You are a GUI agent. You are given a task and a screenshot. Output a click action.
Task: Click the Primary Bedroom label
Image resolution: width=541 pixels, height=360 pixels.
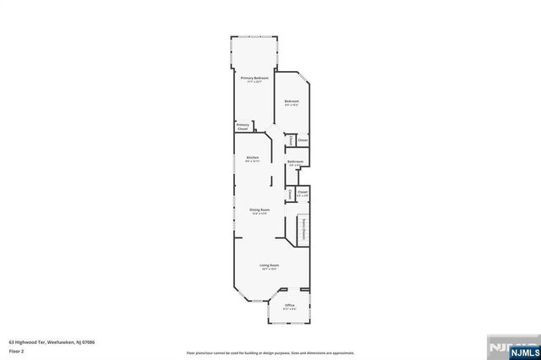point(254,78)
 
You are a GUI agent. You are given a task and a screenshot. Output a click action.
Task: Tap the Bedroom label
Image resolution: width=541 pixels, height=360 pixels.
point(292,101)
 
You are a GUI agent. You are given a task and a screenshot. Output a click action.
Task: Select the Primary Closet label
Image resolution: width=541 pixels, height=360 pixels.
point(243,127)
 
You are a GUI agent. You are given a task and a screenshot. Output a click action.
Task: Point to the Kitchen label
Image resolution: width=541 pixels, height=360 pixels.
point(252,157)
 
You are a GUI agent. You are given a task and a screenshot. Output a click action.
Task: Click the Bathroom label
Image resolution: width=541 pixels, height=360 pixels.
point(295,161)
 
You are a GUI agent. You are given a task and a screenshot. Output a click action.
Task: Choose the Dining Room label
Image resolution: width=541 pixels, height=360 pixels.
point(260,210)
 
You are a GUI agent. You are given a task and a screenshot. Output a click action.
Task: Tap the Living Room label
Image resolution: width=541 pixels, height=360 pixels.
point(269,265)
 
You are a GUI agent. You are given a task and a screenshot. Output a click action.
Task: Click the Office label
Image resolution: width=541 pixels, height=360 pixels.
point(289,305)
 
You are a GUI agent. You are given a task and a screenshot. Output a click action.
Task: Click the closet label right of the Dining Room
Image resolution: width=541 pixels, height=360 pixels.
point(302,192)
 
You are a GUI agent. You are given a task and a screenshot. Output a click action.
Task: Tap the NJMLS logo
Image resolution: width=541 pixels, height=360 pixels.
point(515,346)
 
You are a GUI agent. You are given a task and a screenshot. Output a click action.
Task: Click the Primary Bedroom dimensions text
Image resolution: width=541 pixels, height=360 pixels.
point(254,82)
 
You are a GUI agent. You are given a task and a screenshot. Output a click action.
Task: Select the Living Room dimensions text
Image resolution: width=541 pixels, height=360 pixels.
point(269,270)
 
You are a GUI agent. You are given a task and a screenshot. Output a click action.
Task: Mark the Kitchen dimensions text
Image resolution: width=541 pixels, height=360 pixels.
point(252,161)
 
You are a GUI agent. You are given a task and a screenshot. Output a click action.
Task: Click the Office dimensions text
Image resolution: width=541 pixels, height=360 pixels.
point(289,309)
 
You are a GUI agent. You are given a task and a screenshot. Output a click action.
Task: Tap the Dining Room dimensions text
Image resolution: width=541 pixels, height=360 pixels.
point(260,214)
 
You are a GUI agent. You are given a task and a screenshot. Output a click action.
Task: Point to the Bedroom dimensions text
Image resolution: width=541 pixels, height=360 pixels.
point(292,106)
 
